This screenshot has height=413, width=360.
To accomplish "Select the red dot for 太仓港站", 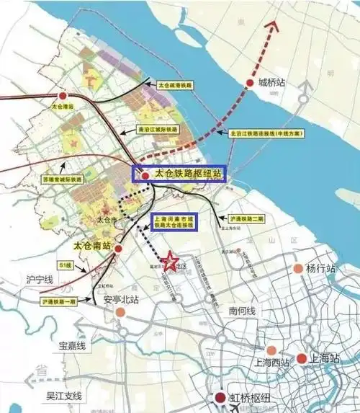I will click(63, 95).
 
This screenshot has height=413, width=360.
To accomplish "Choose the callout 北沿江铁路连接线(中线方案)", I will click(266, 133).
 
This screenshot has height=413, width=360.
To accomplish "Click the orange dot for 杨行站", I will click(297, 269).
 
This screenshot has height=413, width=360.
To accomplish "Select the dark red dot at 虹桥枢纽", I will click(218, 398).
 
